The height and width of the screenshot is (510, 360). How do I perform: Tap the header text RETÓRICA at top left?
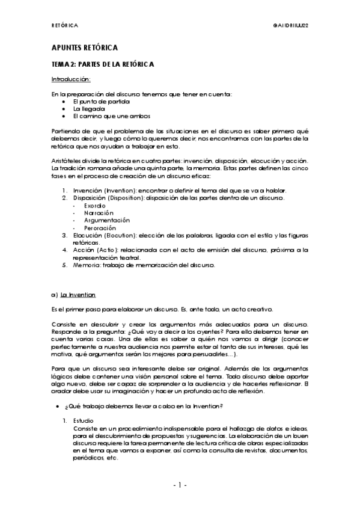(x=64, y=25)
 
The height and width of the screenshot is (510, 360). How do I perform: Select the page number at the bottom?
(x=180, y=485)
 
